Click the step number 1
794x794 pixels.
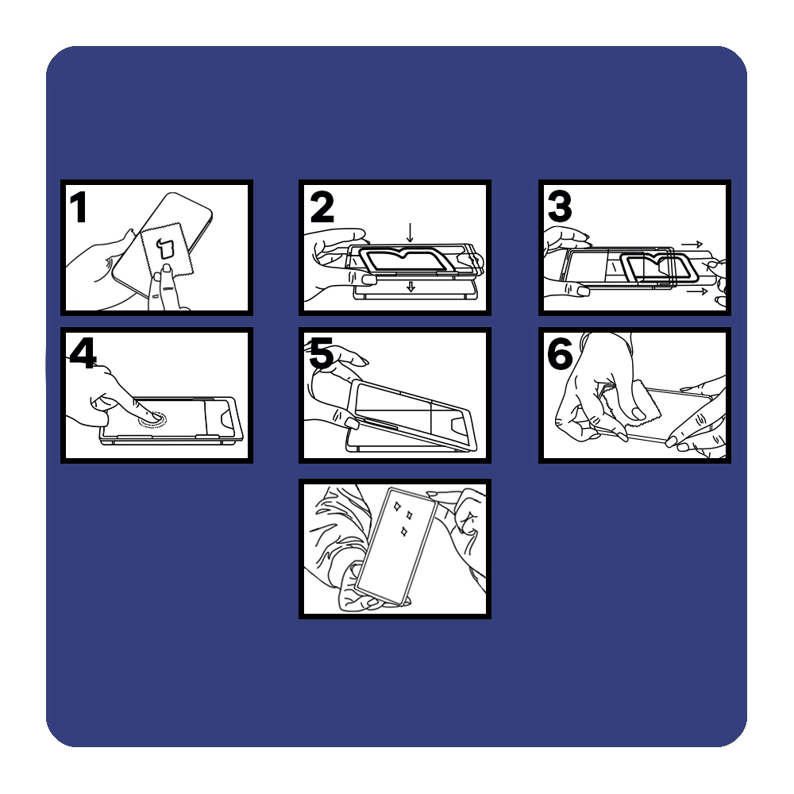[78, 206]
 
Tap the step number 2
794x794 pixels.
[322, 206]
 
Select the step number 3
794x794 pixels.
[560, 206]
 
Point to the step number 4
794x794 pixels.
[83, 353]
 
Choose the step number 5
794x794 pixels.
[321, 353]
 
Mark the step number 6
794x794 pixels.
[560, 353]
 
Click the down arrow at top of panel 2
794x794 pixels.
[410, 233]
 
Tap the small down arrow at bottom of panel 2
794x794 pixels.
[410, 287]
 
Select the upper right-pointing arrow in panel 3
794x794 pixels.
[692, 245]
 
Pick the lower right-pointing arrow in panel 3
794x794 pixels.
[697, 291]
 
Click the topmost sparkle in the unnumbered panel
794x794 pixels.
[397, 506]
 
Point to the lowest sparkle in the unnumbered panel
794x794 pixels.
[404, 532]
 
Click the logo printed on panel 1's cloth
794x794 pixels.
[165, 248]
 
